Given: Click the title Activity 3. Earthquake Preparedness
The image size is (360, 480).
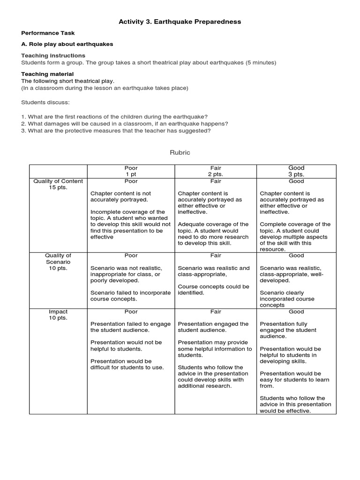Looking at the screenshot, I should coord(180,22).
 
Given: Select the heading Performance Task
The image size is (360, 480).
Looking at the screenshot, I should coord(48,33).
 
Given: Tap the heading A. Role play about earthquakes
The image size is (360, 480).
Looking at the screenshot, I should coord(67,44).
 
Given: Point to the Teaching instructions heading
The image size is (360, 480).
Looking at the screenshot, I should coord(53,55).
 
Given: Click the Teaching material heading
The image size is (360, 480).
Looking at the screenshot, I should coord(47,74).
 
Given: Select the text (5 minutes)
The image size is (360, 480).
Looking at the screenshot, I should coord(261,62).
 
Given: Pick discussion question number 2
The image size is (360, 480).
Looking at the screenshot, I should coord(125,124).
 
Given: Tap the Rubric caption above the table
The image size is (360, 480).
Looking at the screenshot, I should coord(180,153).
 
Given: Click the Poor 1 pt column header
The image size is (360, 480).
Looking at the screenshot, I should coord(131,171).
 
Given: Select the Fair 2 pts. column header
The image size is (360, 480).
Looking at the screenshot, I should coord(216,171).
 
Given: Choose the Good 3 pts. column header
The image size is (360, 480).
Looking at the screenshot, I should coord(296,171).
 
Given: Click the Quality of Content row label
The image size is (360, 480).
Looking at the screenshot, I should coord(58,184).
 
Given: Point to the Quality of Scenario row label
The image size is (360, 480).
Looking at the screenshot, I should coord(58,262).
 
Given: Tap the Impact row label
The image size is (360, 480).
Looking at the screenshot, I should coord(58,315).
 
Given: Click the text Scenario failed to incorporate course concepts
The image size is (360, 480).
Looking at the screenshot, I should coord(130,296).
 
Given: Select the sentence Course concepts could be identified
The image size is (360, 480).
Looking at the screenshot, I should coord(213,290).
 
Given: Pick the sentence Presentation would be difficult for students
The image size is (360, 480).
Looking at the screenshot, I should coord(127,364).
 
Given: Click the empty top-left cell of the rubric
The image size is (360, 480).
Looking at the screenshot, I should coord(58,171).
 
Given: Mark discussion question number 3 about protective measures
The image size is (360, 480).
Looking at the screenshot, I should coord(116,131).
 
